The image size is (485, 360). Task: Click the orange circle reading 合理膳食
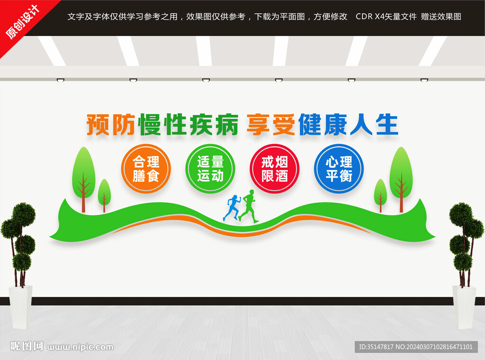146,169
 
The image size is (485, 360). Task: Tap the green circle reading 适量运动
210,169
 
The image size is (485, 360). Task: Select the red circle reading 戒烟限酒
275,169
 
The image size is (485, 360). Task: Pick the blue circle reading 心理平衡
339,169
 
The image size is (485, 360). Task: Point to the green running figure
248,206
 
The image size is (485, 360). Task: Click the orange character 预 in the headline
98,125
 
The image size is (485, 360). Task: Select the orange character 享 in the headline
258,125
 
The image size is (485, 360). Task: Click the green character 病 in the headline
227,125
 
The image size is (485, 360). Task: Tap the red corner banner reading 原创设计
23,22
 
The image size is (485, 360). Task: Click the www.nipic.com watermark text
81,347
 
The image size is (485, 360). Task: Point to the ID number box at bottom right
416,347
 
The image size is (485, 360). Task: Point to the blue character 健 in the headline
310,125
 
